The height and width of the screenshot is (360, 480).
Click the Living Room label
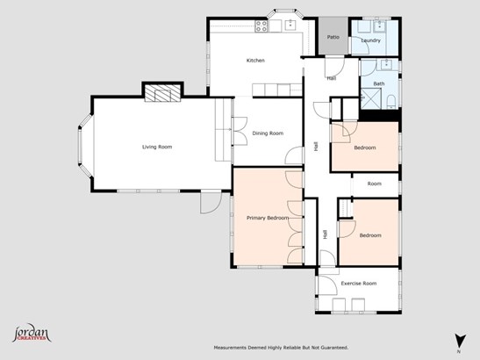pyautogui.click(x=157, y=147)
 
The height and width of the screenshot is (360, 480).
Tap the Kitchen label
pyautogui.click(x=255, y=61)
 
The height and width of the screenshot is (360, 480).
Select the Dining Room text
pyautogui.click(x=268, y=133)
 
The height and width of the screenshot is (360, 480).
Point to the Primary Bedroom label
pyautogui.click(x=268, y=218)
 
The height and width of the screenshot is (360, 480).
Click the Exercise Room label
pyautogui.click(x=359, y=284)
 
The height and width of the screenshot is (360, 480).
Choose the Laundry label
pyautogui.click(x=370, y=40)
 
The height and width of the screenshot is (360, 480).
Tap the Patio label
pyautogui.click(x=333, y=37)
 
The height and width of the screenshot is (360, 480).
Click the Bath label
pyautogui.click(x=379, y=83)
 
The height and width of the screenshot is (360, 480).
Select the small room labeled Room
pyautogui.click(x=375, y=184)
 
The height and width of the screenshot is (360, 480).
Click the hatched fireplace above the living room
pyautogui.click(x=162, y=93)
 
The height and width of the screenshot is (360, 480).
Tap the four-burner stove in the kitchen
pyautogui.click(x=261, y=26)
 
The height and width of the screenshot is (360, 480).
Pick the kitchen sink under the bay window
pyautogui.click(x=290, y=25)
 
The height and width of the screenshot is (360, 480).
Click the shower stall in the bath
pyautogui.click(x=371, y=98)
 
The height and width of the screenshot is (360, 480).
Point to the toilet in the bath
pyautogui.click(x=391, y=102)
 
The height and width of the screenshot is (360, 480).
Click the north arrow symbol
pyautogui.click(x=460, y=342)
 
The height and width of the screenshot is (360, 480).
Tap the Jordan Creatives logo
pyautogui.click(x=32, y=333)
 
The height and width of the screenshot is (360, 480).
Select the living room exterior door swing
pyautogui.click(x=211, y=202)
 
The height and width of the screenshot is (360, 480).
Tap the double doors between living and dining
pyautogui.click(x=240, y=131)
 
